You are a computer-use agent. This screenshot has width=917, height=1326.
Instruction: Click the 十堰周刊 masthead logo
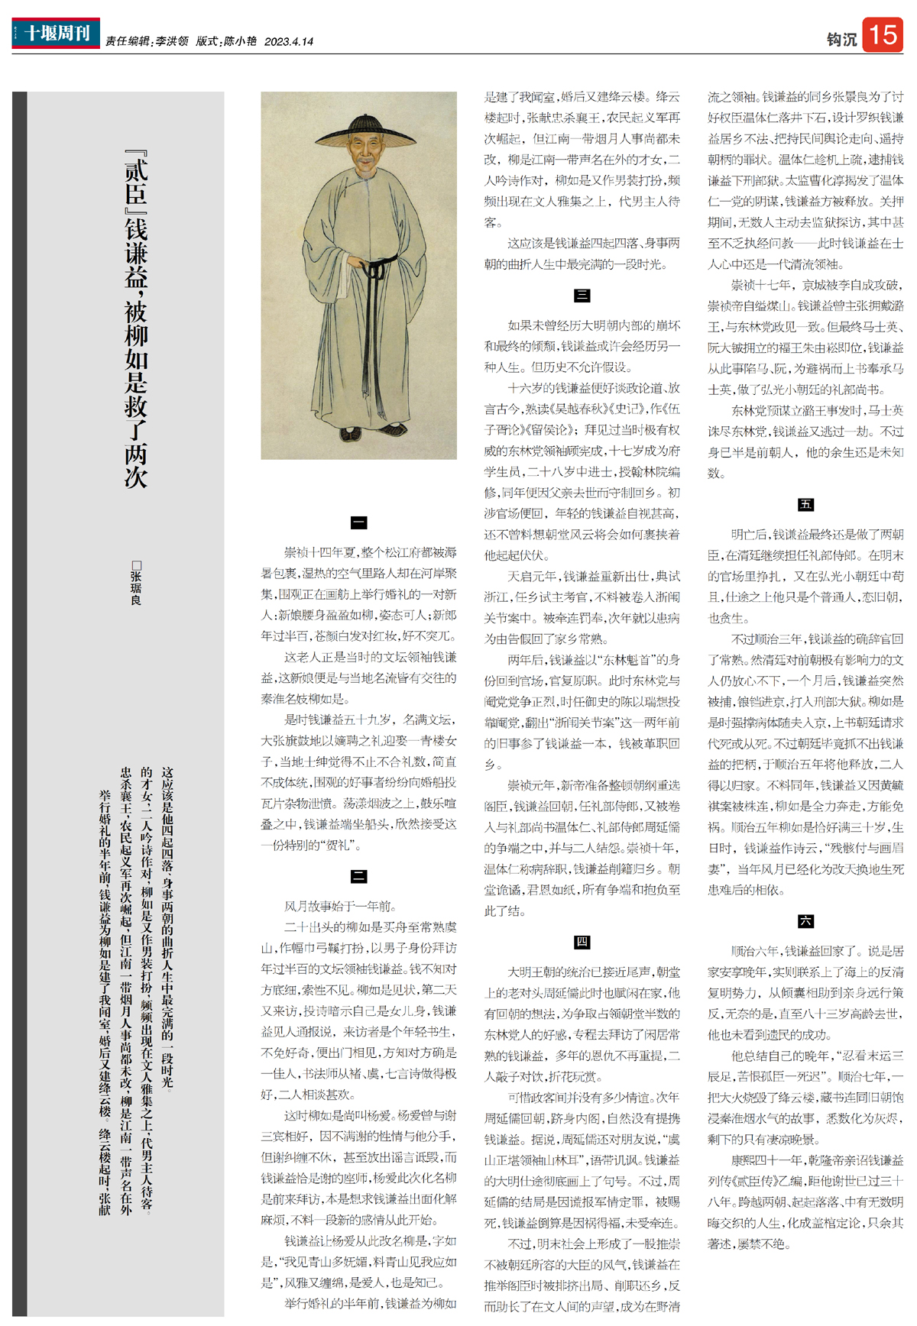(x=56, y=33)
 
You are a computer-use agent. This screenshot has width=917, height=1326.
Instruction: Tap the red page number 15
(x=883, y=34)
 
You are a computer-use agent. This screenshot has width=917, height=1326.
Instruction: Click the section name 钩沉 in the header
(x=841, y=40)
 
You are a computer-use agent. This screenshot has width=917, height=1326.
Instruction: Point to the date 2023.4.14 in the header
(x=289, y=42)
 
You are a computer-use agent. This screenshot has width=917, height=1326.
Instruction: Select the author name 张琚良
(x=136, y=587)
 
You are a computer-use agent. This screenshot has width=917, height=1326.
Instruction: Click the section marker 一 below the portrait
(x=358, y=522)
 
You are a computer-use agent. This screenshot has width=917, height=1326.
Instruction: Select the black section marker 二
(x=358, y=876)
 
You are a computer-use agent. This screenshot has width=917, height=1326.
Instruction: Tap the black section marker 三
(x=582, y=296)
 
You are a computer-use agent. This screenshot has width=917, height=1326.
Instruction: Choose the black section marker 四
(x=582, y=942)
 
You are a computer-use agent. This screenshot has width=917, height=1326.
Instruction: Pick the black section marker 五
(x=805, y=504)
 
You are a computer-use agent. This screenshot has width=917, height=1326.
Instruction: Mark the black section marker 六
(x=805, y=921)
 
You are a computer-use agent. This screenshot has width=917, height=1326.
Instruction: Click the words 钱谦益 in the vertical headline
(x=136, y=252)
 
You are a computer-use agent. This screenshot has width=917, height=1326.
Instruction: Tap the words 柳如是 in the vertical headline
(x=136, y=359)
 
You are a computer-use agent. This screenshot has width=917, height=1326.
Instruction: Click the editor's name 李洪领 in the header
(x=172, y=42)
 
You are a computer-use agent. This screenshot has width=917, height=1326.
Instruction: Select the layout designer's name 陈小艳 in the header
(x=240, y=42)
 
